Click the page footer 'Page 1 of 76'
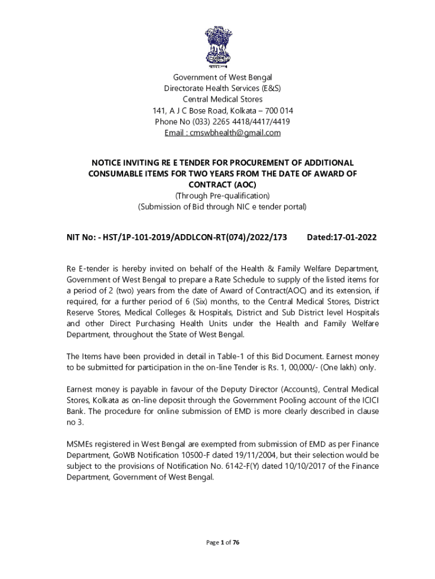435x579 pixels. click(223, 543)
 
